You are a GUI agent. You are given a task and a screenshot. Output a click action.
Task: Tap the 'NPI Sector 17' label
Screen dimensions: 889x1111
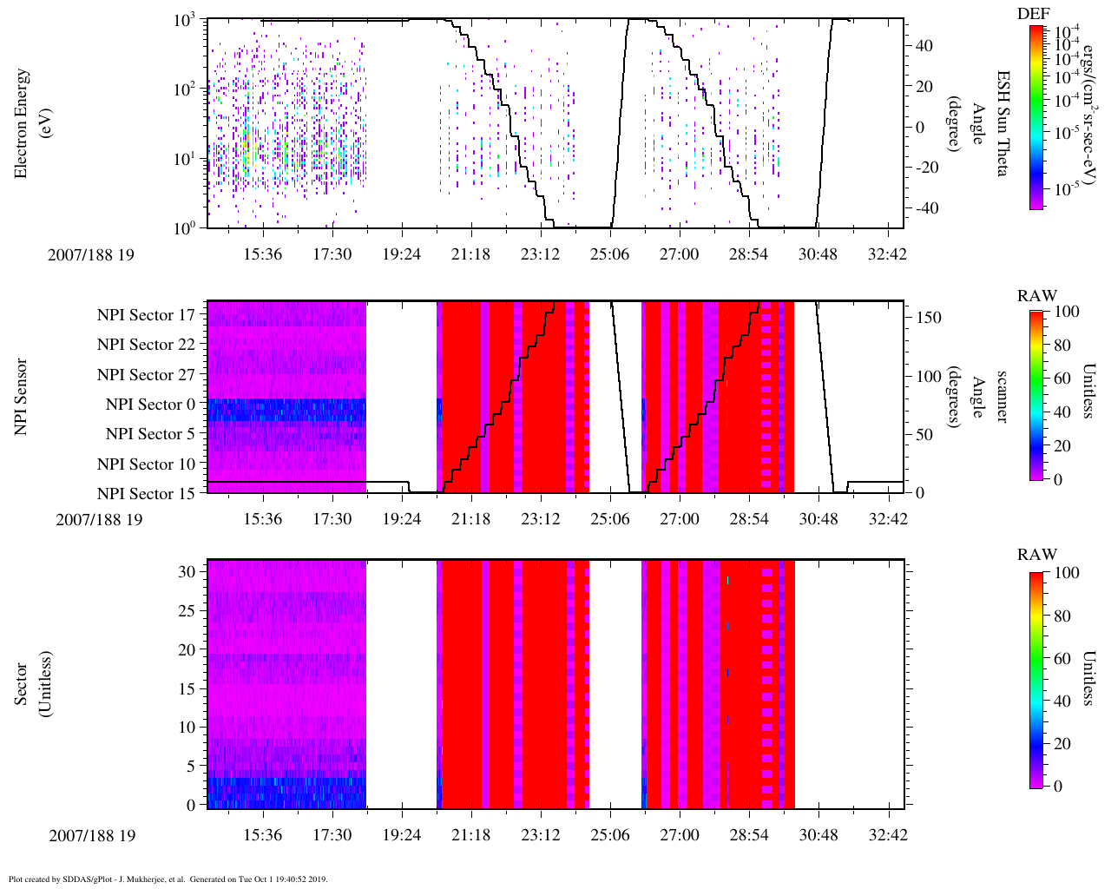tap(146, 315)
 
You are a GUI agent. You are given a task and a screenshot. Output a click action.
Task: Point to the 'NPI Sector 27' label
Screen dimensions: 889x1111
tap(146, 375)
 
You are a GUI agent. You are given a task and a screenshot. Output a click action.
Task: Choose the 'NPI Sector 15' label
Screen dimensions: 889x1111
tap(146, 494)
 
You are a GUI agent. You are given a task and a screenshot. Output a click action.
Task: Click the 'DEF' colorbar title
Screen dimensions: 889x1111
tap(1033, 13)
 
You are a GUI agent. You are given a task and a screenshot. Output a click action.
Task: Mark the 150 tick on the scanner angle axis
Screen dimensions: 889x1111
tap(929, 318)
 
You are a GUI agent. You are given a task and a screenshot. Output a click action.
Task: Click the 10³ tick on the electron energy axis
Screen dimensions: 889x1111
tap(183, 21)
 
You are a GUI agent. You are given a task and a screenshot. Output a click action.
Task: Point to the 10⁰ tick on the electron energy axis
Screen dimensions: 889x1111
tap(183, 227)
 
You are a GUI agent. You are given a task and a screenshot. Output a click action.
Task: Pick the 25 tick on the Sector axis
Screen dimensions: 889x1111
tap(187, 611)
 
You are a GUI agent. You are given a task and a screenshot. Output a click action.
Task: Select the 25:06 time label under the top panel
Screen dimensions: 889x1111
tap(610, 254)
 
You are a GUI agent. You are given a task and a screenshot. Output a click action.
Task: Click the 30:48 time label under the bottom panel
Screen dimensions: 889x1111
tap(818, 835)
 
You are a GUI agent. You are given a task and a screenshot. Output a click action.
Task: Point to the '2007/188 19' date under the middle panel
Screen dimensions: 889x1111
tap(99, 519)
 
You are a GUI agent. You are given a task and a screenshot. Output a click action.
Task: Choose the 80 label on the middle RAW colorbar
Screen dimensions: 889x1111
tap(1062, 345)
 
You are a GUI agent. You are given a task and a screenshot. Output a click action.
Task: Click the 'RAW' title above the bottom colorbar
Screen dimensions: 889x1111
tap(1037, 555)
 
